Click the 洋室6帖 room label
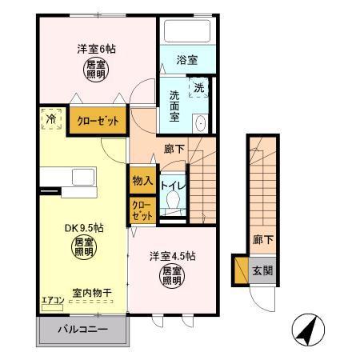coord(96,49)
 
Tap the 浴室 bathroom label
coord(188,59)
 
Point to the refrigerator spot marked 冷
coord(50,119)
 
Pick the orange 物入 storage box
coord(142,181)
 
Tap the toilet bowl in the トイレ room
coord(170,202)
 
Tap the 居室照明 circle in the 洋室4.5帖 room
coord(171,278)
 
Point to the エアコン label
coord(53,301)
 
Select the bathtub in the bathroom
coord(187,31)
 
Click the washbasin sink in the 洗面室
coord(201,122)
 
